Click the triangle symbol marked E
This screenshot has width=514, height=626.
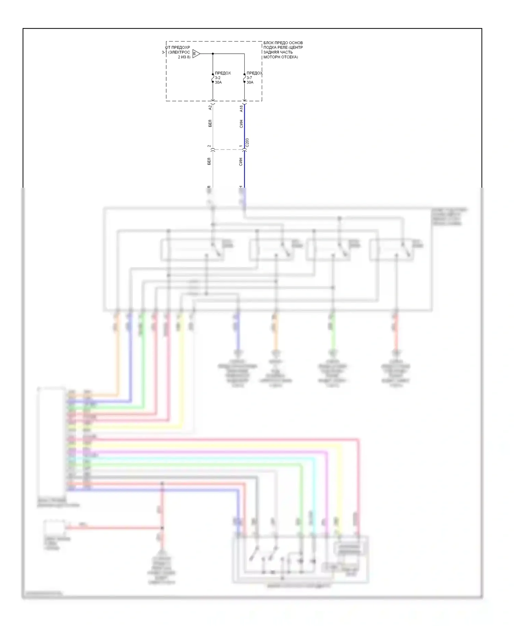(196, 54)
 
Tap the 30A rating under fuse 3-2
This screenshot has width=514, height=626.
(218, 83)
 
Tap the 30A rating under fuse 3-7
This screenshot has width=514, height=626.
(250, 83)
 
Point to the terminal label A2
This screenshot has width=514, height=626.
(210, 107)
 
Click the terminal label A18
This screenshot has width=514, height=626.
(241, 109)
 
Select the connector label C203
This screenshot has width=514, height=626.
(247, 142)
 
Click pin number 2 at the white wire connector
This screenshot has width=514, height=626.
(209, 146)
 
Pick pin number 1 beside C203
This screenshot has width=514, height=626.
(241, 146)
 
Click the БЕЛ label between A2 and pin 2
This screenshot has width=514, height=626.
(210, 123)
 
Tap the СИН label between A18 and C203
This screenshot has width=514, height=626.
(241, 124)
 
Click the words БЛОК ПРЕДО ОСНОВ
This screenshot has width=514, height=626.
(283, 43)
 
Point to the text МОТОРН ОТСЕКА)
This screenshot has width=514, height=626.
(281, 57)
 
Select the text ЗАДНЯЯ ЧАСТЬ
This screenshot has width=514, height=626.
(278, 52)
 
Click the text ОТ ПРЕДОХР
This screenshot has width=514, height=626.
(178, 48)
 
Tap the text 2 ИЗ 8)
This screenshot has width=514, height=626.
(184, 57)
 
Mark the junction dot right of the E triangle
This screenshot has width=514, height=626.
(213, 54)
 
